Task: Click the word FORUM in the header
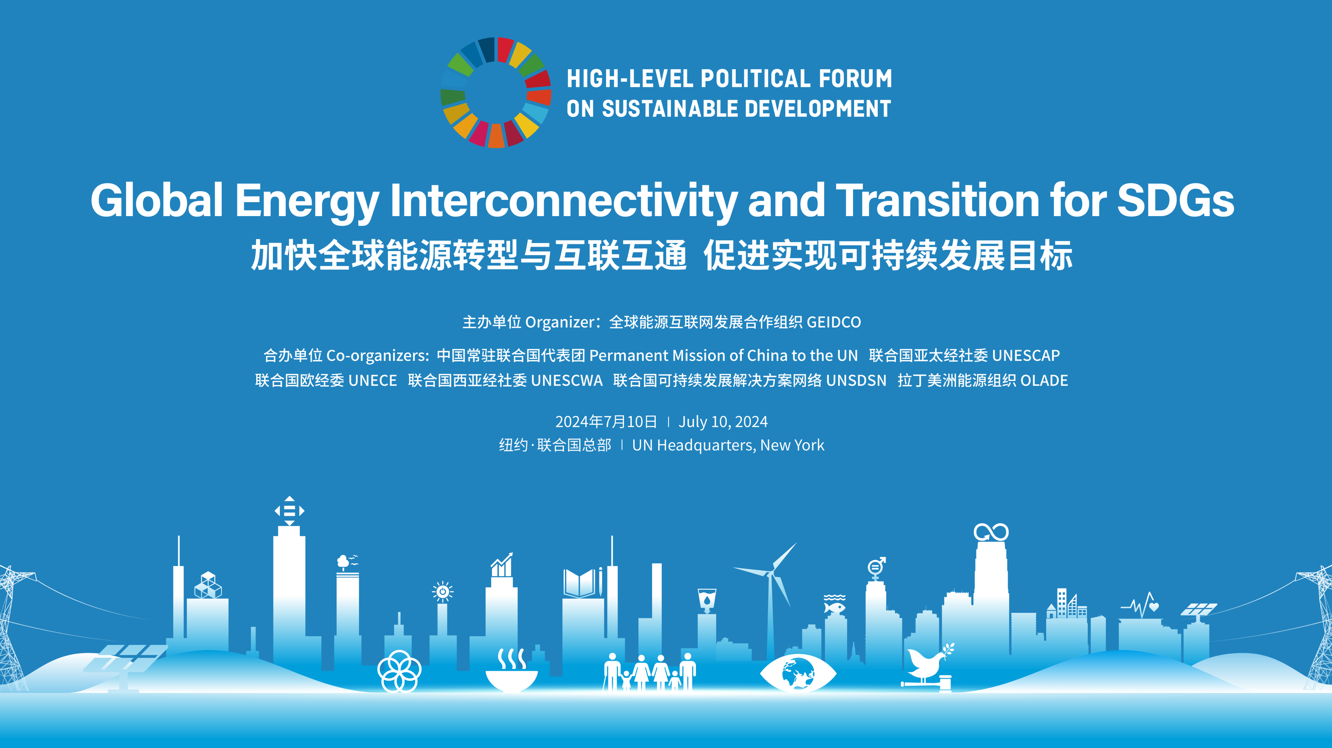click(855, 79)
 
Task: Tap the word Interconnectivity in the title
click(564, 200)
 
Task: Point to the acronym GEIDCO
click(833, 322)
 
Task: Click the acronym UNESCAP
click(1026, 355)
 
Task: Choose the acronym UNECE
click(372, 381)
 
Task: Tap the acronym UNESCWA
click(566, 381)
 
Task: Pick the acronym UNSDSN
click(856, 381)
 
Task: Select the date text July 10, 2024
click(723, 422)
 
